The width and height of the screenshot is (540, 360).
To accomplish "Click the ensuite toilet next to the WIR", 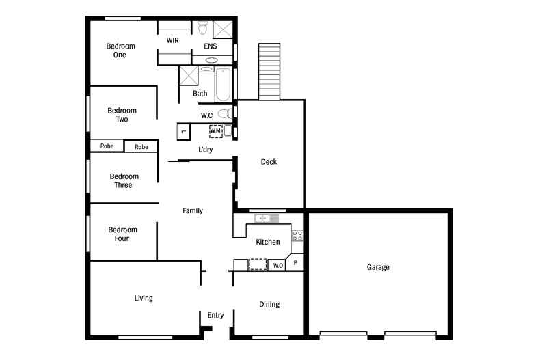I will click(202, 28).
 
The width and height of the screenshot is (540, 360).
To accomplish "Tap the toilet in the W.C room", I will click(224, 114).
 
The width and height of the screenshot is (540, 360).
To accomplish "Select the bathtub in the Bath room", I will click(223, 83).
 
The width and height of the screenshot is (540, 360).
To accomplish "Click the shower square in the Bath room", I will click(188, 75).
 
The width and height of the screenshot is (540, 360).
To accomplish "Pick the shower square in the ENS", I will click(223, 29).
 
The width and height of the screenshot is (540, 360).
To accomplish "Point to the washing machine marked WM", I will click(216, 130).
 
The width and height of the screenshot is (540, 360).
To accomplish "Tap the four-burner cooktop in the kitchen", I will click(297, 236).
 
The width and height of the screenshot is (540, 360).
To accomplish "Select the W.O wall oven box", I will click(278, 264).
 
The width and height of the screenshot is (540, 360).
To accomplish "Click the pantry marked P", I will click(296, 262).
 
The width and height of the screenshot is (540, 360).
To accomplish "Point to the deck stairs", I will click(269, 72).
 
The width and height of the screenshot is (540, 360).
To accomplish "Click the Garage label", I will click(377, 267).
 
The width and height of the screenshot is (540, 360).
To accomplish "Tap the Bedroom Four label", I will click(122, 234).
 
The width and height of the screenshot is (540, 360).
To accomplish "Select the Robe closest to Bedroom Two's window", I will click(107, 146).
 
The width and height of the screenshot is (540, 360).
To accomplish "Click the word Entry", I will click(215, 315).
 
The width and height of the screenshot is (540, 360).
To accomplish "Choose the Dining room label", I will click(269, 304).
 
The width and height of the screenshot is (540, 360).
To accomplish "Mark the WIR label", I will click(173, 41).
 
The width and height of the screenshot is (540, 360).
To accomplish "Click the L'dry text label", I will click(206, 149).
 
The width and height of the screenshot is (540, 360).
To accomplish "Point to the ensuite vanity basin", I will click(211, 60).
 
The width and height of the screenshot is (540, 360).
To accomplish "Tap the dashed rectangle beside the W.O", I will click(258, 264).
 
